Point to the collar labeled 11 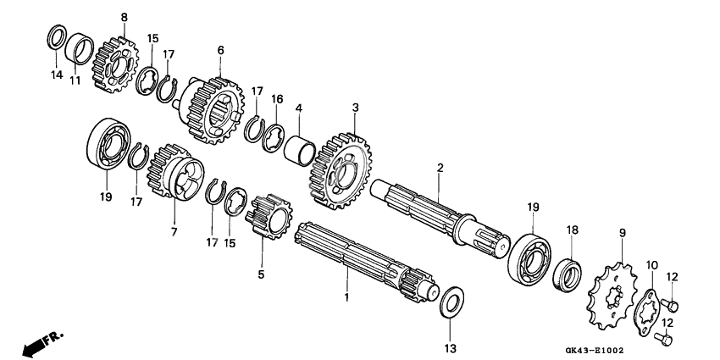coord(79,47)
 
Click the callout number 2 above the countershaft coord(440,169)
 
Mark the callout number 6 coord(221,51)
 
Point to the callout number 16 coord(276,100)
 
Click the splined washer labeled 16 coord(275,134)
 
